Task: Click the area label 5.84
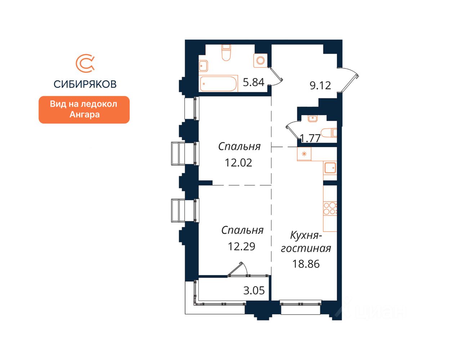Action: point(254,82)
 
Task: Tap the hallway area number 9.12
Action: point(320,86)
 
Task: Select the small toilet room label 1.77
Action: point(310,139)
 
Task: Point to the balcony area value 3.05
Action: point(254,291)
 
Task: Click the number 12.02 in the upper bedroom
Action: point(238,163)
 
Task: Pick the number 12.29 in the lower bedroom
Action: point(241,246)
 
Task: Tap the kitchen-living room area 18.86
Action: point(306,264)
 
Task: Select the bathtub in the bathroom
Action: point(218,84)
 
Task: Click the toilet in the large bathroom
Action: point(226,52)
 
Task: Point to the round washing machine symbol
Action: point(260,60)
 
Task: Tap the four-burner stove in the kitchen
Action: point(330,208)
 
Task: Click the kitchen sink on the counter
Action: point(330,168)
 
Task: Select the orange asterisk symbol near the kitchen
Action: point(304,154)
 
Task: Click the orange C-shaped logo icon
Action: point(85,63)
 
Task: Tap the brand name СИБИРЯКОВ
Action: point(85,84)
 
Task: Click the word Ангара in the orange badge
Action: point(84,114)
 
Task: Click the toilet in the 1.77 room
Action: point(328,133)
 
